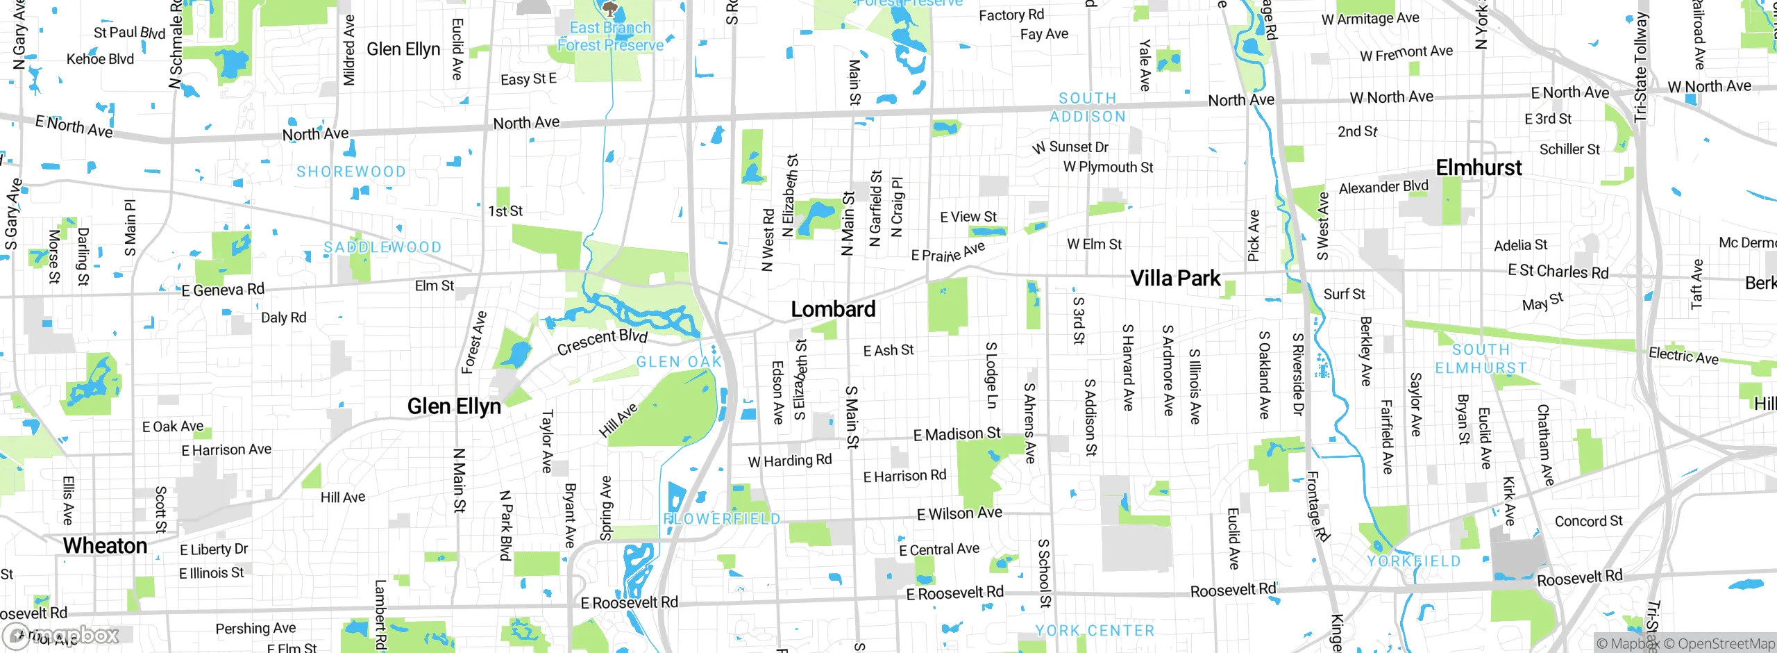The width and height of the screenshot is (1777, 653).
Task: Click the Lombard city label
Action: click(x=833, y=309)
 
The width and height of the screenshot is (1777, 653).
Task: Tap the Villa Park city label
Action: click(x=1174, y=279)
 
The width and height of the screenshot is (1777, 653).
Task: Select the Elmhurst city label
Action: click(x=1479, y=167)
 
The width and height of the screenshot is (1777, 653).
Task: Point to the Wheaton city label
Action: click(x=105, y=546)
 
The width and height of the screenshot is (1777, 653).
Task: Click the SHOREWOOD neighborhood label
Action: click(x=351, y=172)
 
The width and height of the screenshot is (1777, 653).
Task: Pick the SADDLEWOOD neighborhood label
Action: click(x=382, y=247)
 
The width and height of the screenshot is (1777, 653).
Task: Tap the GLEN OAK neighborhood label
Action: click(x=679, y=362)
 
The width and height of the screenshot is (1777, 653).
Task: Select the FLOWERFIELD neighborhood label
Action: click(x=722, y=519)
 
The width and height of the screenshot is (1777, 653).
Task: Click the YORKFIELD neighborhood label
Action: click(x=1414, y=561)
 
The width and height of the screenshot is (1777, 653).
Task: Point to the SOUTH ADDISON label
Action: click(x=1088, y=108)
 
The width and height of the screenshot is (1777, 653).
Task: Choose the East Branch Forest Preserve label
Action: click(x=610, y=36)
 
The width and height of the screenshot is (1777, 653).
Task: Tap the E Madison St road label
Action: click(x=957, y=434)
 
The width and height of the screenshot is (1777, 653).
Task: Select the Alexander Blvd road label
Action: click(x=1383, y=187)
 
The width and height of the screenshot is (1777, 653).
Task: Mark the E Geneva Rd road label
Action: click(x=223, y=290)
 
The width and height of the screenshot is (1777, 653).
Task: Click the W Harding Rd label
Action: click(x=789, y=461)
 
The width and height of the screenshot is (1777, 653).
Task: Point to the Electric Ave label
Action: click(x=1683, y=356)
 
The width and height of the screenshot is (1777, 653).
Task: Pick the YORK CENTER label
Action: click(x=1095, y=631)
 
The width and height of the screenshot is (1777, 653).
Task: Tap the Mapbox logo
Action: click(x=60, y=635)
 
